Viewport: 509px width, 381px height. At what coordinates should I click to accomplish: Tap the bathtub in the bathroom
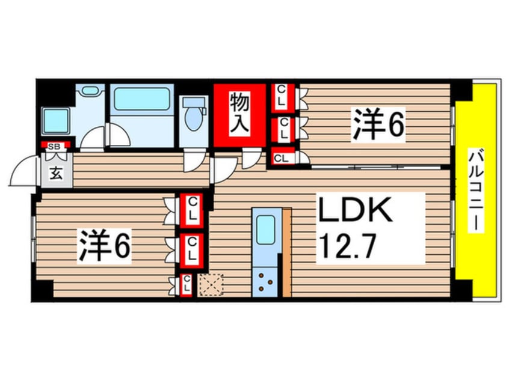pos(142,99)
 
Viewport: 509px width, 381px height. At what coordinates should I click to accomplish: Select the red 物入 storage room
pos(240,115)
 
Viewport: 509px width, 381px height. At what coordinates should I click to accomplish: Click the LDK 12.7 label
pos(354,228)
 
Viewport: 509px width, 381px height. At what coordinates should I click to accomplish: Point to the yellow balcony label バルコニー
pos(476,190)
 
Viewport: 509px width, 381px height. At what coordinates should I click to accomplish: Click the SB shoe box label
pos(54,146)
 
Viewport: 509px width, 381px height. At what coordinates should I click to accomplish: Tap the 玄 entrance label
pos(56,174)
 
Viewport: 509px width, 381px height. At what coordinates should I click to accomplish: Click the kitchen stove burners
pos(265,281)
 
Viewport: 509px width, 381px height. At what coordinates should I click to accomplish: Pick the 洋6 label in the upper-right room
pos(378,124)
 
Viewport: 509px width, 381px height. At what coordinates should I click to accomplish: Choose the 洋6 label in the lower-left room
pos(105,245)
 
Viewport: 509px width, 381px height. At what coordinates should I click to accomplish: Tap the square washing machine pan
pos(56,120)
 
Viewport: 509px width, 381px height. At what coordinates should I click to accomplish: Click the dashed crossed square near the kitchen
pos(211,285)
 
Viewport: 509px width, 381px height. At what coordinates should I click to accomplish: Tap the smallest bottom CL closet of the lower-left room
pos(187,284)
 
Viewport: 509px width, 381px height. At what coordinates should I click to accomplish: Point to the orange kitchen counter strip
pos(287,252)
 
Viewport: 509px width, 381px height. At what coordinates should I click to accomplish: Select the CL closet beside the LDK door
pos(281,157)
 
